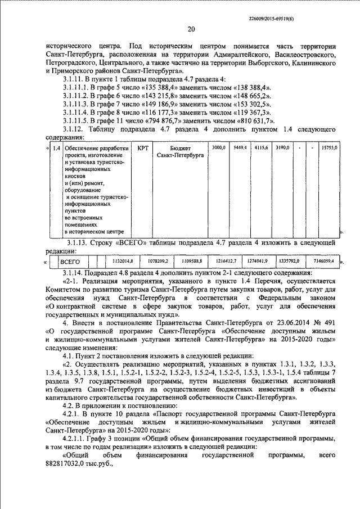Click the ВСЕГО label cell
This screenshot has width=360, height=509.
pyautogui.click(x=70, y=262)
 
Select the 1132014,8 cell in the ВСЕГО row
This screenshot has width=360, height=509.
pyautogui.click(x=122, y=262)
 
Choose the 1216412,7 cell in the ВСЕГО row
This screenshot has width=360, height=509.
pyautogui.click(x=225, y=262)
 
